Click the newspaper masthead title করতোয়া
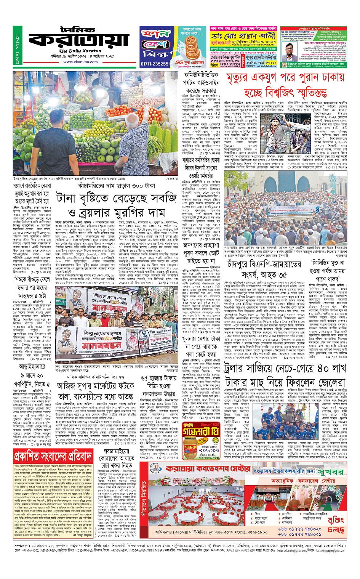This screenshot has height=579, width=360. pos(78,40)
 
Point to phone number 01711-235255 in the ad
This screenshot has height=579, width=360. pos(154,64)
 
